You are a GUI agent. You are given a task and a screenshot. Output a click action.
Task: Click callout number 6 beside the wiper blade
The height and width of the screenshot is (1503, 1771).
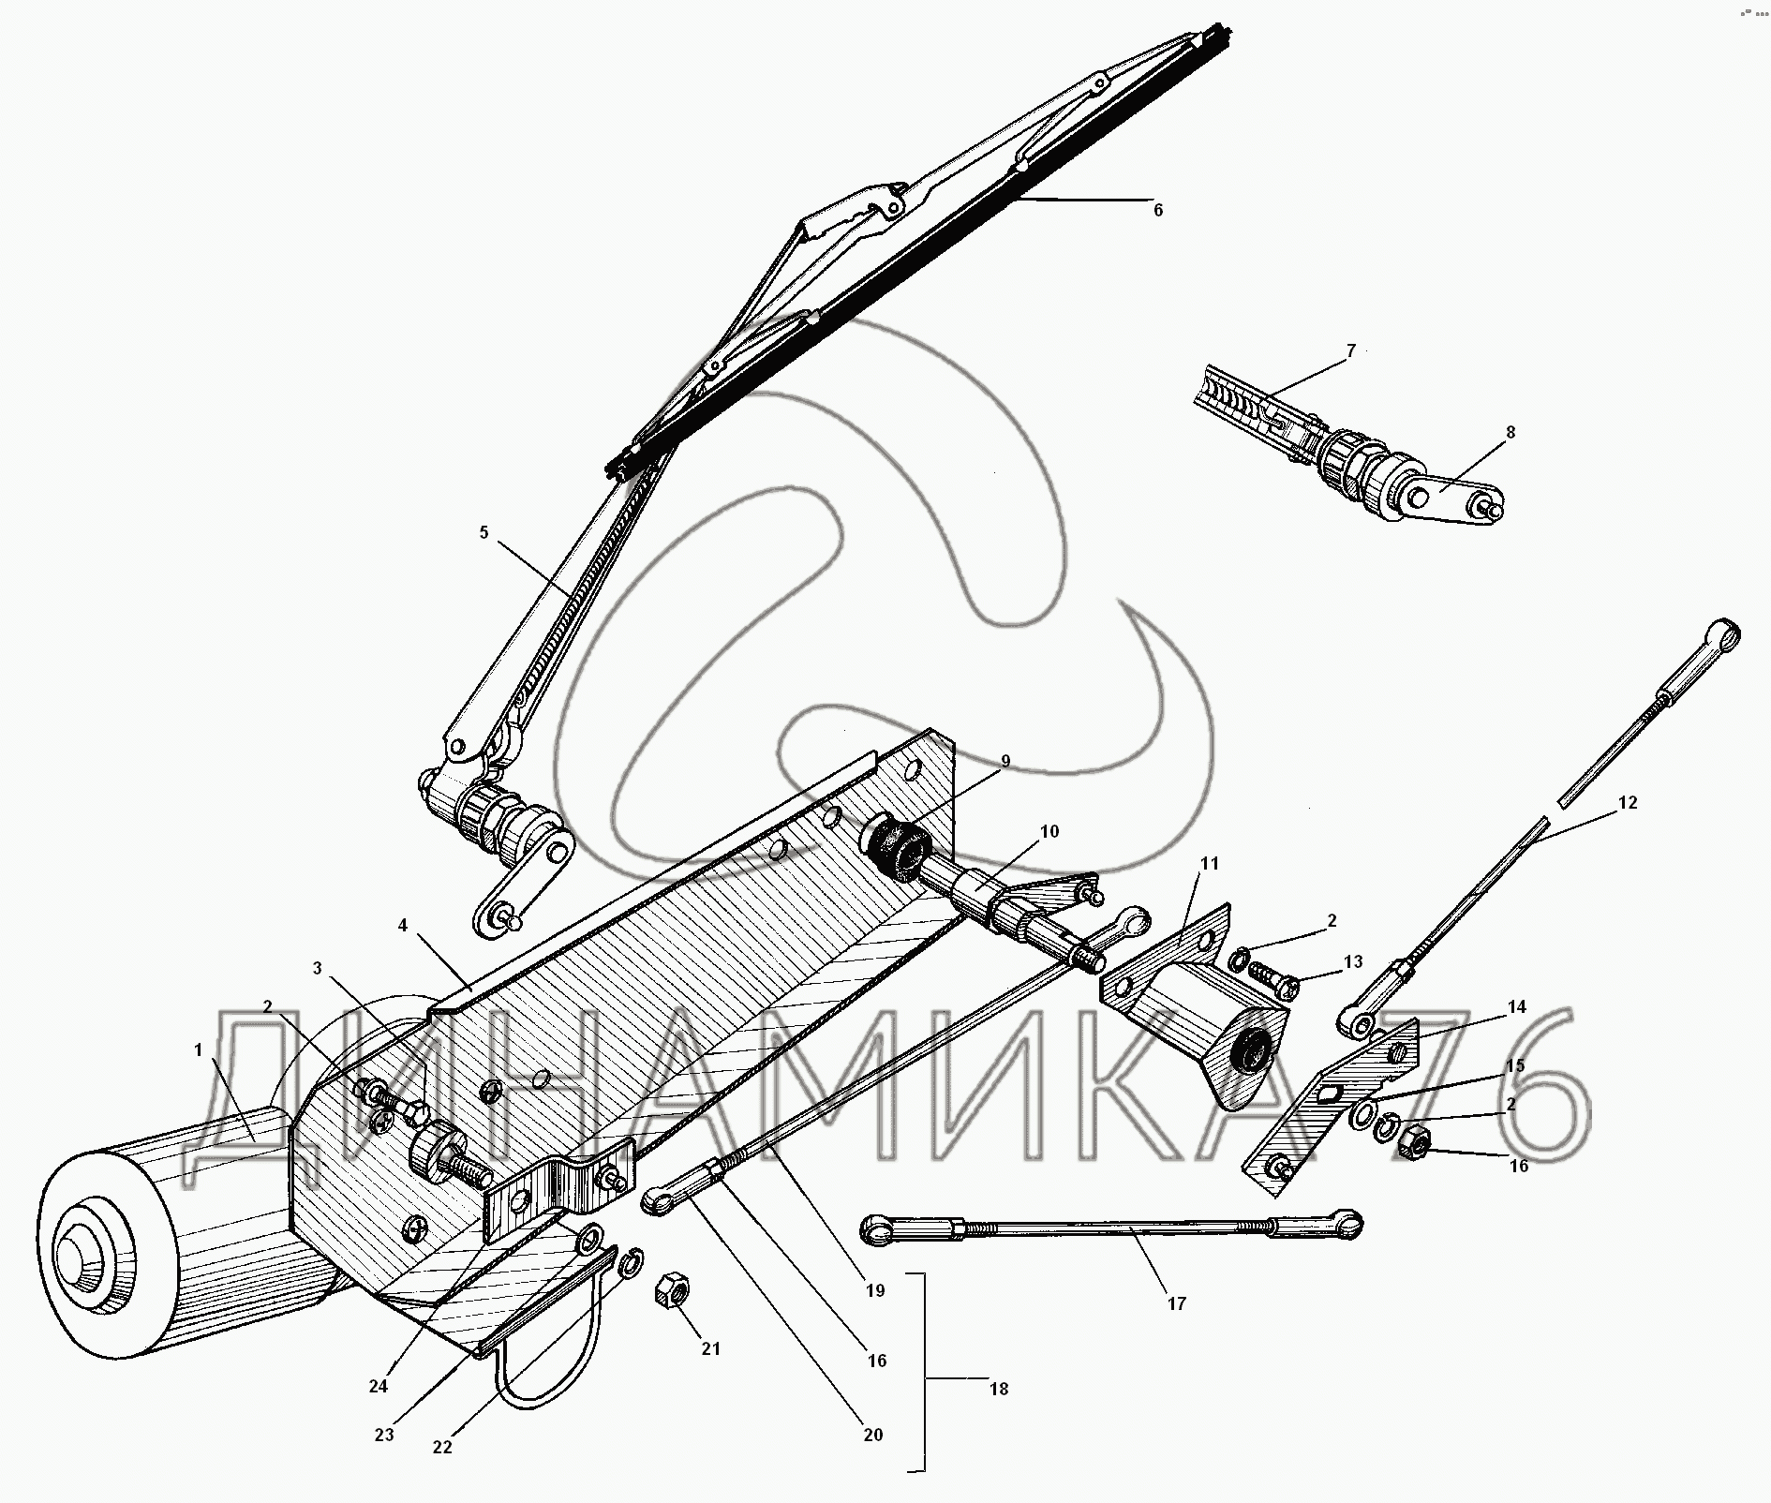(x=1158, y=211)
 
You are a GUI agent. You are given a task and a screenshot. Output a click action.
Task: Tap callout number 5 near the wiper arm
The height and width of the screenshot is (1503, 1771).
(x=484, y=533)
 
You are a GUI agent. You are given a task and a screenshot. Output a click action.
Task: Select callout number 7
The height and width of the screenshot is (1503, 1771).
(x=1350, y=351)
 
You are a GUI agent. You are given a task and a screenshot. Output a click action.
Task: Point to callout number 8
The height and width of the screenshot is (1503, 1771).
(x=1511, y=433)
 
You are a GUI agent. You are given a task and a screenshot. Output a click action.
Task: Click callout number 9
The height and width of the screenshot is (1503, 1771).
(x=1005, y=762)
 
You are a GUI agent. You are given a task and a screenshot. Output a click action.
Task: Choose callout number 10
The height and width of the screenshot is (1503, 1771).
(x=1049, y=831)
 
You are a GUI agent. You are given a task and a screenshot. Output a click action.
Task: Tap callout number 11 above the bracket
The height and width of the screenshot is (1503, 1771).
(x=1210, y=863)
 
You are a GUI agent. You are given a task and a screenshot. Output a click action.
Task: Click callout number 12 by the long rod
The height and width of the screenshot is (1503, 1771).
(x=1628, y=803)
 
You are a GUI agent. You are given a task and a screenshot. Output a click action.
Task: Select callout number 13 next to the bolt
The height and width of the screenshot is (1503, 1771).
(x=1353, y=962)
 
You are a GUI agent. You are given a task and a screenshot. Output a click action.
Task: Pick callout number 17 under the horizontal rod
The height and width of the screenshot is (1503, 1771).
(x=1177, y=1303)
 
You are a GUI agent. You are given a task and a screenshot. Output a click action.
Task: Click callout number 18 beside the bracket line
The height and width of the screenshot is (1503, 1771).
(x=999, y=1389)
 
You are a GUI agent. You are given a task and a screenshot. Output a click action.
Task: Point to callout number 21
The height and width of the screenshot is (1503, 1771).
(x=711, y=1348)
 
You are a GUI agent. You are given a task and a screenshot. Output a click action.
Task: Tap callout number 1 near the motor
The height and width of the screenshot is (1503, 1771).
(x=199, y=1050)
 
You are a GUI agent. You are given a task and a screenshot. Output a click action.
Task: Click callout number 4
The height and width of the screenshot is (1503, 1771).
(x=403, y=926)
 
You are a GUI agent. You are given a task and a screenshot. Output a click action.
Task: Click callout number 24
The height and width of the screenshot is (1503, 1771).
(x=378, y=1386)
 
